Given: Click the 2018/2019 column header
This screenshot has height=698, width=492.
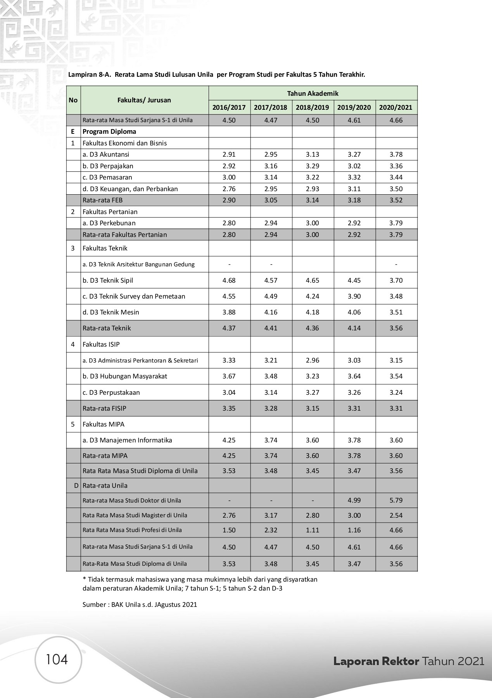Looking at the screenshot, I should tap(312, 107).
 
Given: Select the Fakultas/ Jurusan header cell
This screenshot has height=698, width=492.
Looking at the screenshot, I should tap(144, 100).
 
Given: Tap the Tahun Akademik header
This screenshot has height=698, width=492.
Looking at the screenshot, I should tap(312, 93).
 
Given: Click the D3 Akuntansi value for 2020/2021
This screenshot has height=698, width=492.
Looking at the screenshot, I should tap(396, 154).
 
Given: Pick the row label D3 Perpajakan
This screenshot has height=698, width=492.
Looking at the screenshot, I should tap(108, 166).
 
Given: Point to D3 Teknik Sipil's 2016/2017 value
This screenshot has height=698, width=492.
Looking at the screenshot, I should tap(229, 280).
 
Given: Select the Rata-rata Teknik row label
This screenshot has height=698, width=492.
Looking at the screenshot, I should tap(107, 328).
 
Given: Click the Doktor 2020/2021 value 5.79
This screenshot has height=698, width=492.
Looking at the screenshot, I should tap(396, 500).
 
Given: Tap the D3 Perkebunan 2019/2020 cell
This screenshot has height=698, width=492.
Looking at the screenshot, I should tap(354, 223).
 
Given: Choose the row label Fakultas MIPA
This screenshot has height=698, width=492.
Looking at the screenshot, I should tap(104, 424).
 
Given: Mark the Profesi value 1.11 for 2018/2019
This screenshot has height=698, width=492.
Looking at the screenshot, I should tap(312, 530).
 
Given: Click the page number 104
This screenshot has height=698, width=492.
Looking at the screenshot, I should tap(57, 659).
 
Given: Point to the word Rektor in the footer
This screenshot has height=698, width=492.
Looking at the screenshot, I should tap(401, 661).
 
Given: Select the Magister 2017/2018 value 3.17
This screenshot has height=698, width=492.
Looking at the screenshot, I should tap(271, 515).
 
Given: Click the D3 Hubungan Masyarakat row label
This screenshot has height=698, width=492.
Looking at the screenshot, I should tap(125, 376).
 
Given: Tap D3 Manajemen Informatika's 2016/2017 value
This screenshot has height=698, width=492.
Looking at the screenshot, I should tap(229, 440).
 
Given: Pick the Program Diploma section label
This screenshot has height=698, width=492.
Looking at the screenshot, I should tap(109, 131).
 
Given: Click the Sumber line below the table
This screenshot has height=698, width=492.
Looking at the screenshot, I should tap(140, 604).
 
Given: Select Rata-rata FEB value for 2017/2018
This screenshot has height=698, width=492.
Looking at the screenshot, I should tap(271, 200).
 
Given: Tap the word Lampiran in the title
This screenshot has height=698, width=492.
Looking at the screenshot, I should tap(83, 74).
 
